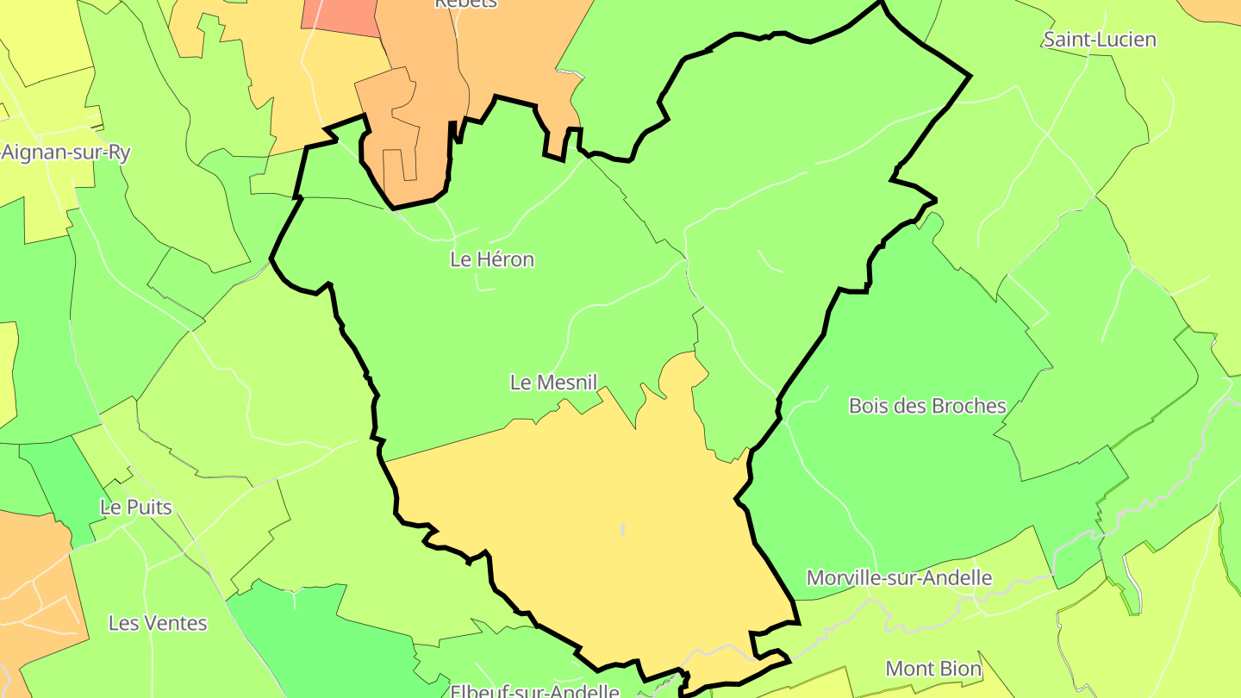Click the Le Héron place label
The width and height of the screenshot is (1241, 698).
(492, 259)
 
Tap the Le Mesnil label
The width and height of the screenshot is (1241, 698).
(553, 383)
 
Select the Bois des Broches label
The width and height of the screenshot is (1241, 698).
(927, 406)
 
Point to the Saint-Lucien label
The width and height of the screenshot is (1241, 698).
(1100, 40)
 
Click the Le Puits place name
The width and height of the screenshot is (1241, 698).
(136, 508)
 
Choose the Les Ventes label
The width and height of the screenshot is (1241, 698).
(158, 623)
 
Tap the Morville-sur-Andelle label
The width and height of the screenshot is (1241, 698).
(899, 578)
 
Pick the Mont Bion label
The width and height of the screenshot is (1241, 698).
(933, 669)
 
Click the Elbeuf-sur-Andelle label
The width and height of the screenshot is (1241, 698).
(534, 691)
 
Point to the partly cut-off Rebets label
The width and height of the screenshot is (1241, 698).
(465, 3)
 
